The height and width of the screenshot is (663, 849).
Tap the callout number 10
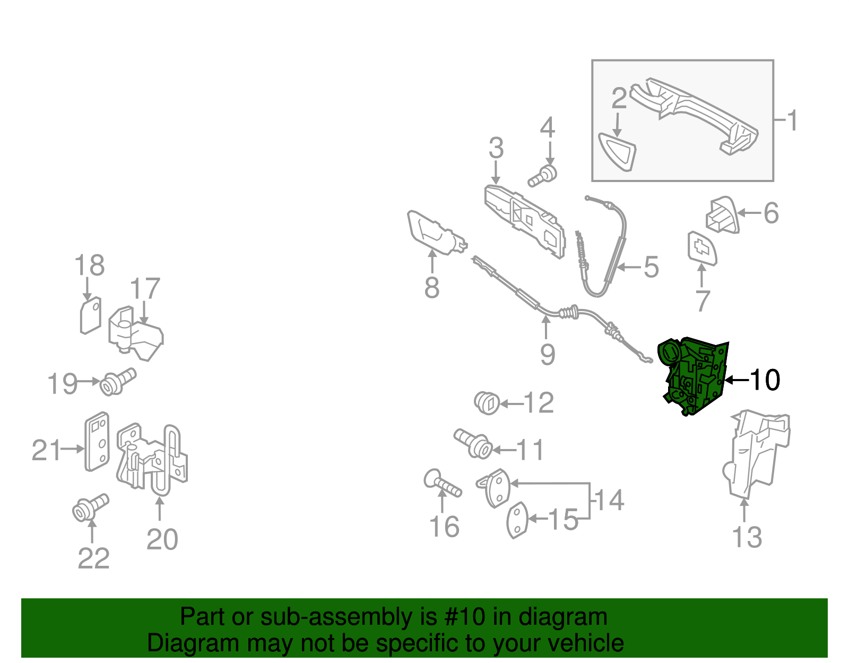click(765, 380)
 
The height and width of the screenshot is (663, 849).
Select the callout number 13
click(747, 537)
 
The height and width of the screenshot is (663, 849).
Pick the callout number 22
click(93, 558)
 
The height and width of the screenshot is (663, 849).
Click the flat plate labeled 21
click(97, 442)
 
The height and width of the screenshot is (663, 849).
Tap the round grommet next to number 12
click(487, 403)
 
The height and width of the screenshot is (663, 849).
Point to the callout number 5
click(651, 267)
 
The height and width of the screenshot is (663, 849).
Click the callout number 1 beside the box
click(792, 121)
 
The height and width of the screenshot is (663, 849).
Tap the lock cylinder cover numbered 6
click(722, 214)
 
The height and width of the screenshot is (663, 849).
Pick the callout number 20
click(162, 539)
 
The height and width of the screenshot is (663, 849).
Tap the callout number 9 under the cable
click(548, 354)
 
